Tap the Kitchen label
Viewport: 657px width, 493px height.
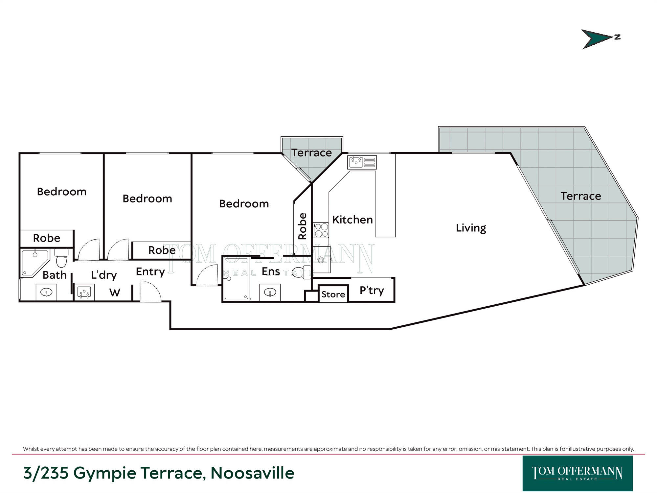(x=352, y=220)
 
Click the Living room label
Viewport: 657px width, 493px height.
(x=471, y=228)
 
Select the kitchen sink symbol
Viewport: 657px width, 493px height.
(x=362, y=162)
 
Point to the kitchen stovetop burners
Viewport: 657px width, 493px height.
(x=321, y=230)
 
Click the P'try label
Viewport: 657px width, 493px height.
(x=372, y=291)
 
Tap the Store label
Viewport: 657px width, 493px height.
(x=333, y=294)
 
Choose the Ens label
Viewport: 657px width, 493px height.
(x=271, y=271)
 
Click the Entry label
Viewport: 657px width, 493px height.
(x=150, y=272)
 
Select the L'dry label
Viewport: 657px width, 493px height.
(x=104, y=275)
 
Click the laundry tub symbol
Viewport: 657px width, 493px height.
(x=84, y=292)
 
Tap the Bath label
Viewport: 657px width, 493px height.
(x=55, y=275)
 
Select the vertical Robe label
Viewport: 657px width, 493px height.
(x=302, y=226)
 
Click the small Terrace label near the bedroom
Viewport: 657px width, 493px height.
(x=311, y=153)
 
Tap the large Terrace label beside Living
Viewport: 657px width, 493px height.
(x=580, y=196)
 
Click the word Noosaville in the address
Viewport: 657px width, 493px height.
(x=252, y=473)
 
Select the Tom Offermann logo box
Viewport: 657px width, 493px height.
(x=578, y=473)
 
